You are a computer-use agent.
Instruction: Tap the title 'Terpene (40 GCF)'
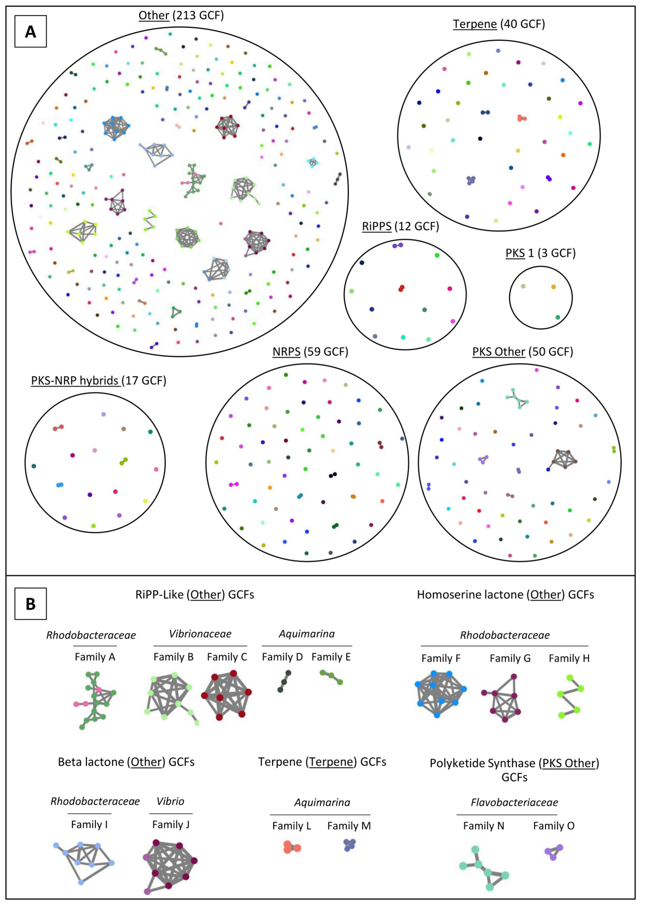499,24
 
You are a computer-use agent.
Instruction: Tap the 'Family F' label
441,658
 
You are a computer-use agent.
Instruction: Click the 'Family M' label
349,826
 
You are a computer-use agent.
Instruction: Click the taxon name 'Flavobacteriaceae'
514,802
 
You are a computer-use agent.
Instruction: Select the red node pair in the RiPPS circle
401,288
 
